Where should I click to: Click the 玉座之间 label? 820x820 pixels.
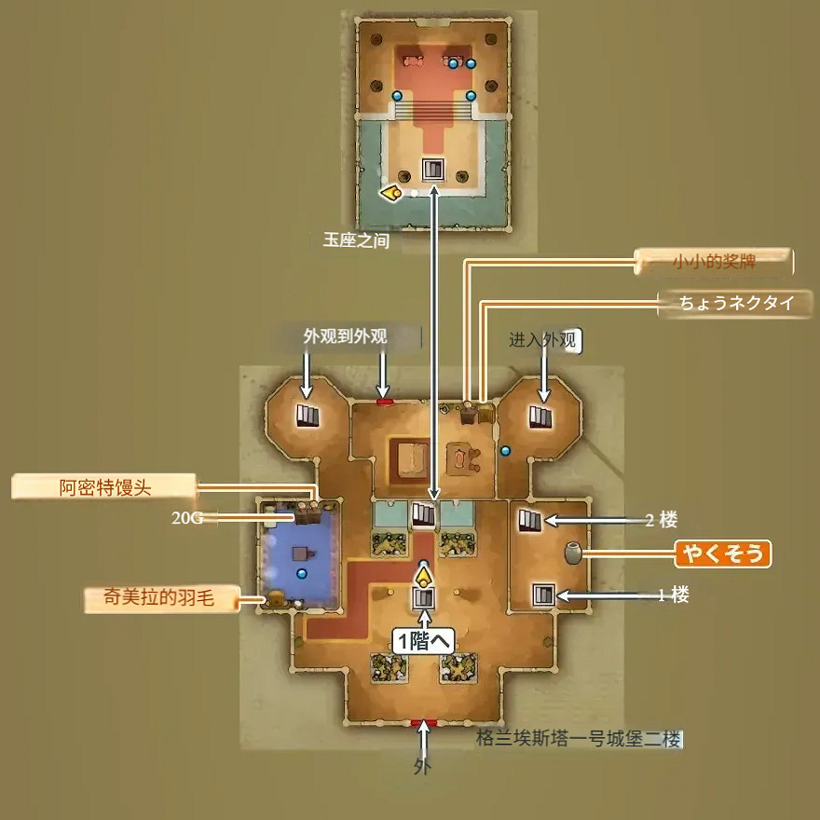pyautogui.click(x=355, y=239)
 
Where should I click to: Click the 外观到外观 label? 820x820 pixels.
pyautogui.click(x=345, y=336)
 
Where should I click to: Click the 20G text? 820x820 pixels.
pyautogui.click(x=186, y=518)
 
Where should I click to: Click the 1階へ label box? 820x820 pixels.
pyautogui.click(x=425, y=641)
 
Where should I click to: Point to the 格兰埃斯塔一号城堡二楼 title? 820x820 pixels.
pyautogui.click(x=579, y=739)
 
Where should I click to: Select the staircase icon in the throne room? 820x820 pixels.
pyautogui.click(x=433, y=170)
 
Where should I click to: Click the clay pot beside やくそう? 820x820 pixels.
pyautogui.click(x=572, y=553)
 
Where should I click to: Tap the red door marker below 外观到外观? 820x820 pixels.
pyautogui.click(x=385, y=402)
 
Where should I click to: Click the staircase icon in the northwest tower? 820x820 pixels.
pyautogui.click(x=307, y=416)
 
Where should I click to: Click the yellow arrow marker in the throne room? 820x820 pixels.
pyautogui.click(x=390, y=193)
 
